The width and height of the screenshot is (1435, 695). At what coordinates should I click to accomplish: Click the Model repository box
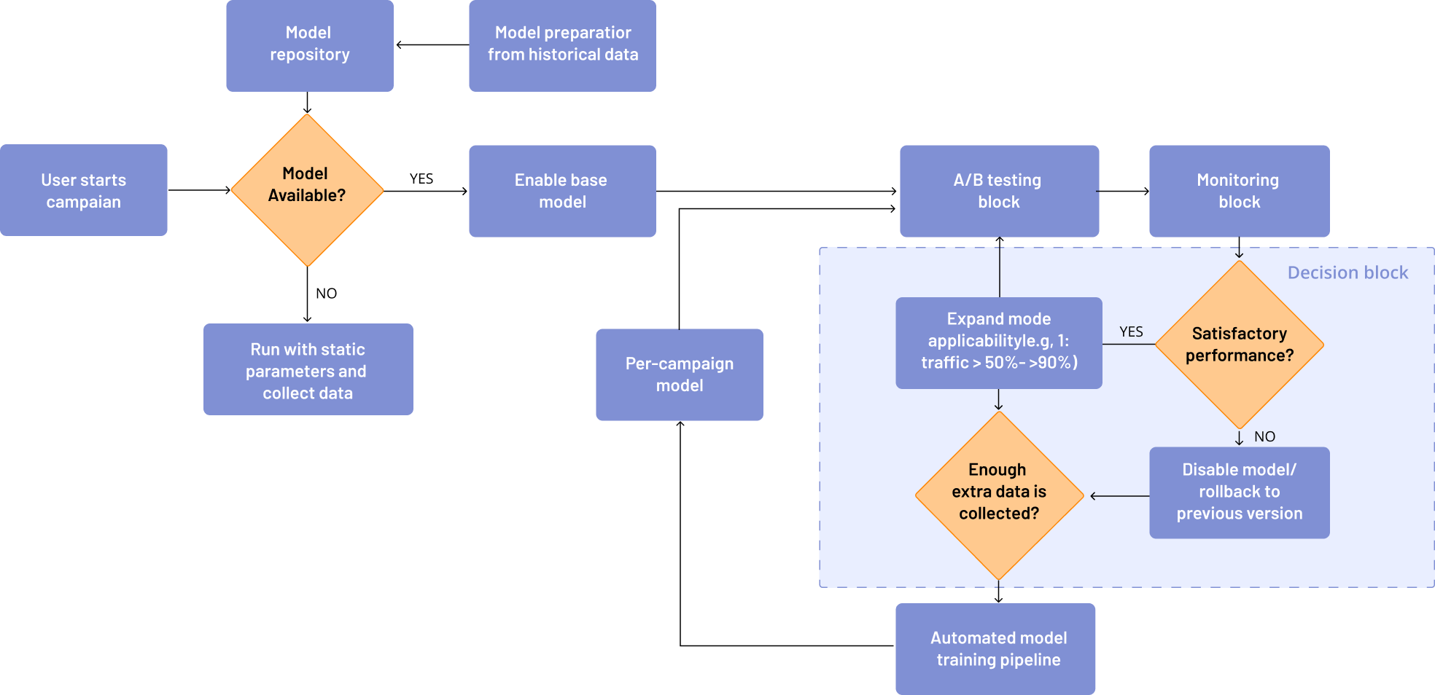(309, 45)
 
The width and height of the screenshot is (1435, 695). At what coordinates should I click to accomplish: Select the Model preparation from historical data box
(562, 45)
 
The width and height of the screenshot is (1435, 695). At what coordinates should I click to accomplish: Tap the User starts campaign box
(83, 190)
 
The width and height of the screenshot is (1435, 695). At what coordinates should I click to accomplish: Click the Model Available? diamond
(307, 190)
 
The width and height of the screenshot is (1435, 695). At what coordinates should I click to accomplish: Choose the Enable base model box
(562, 191)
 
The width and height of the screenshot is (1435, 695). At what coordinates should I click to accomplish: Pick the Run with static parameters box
(308, 370)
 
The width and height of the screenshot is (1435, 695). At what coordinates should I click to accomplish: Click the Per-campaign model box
(679, 374)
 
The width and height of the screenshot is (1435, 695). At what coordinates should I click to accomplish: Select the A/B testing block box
(999, 191)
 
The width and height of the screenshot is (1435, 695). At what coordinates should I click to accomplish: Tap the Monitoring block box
(1239, 191)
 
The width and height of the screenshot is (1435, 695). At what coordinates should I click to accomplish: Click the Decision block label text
(1347, 272)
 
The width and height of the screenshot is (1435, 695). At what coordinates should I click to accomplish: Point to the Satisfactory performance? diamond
(1239, 345)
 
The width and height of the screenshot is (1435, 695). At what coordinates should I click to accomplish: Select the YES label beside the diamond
(1131, 331)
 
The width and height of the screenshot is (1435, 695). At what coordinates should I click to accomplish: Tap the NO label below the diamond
(1264, 436)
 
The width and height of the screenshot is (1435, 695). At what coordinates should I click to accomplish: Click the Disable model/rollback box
(1239, 492)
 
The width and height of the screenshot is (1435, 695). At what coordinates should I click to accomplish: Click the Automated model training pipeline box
(995, 648)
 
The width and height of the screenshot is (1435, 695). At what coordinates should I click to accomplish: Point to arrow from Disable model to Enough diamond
(1119, 496)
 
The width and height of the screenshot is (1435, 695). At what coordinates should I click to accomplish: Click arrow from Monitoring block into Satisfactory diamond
(1239, 249)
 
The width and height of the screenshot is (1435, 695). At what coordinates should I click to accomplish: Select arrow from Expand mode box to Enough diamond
(998, 400)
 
